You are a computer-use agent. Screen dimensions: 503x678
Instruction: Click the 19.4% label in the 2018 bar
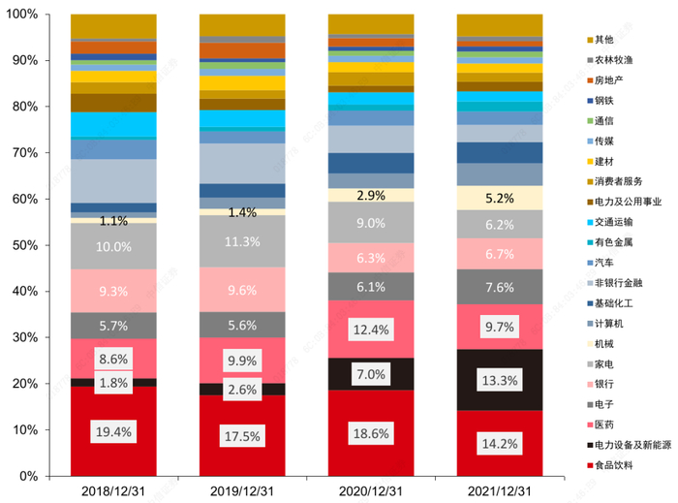tap(113, 433)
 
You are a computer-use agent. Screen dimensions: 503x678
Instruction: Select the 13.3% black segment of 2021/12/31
tap(500, 380)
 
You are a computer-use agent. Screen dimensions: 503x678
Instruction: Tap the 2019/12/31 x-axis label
tap(242, 491)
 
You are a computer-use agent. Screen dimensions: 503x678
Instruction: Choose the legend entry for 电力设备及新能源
tap(639, 447)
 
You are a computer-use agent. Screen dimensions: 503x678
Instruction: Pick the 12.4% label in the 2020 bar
tap(371, 329)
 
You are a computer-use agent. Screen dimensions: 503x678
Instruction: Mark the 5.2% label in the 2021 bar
tap(500, 199)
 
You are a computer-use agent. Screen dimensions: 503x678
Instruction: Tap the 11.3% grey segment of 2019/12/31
tap(242, 242)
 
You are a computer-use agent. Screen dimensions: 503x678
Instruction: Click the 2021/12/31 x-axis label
tap(500, 491)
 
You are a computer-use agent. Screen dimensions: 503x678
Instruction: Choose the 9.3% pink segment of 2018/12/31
tap(113, 291)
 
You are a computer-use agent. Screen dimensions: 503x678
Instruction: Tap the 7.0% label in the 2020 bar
tap(371, 373)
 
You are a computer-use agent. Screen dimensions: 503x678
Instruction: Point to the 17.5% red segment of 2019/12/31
tap(242, 437)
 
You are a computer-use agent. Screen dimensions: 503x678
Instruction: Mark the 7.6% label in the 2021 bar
tap(500, 287)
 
